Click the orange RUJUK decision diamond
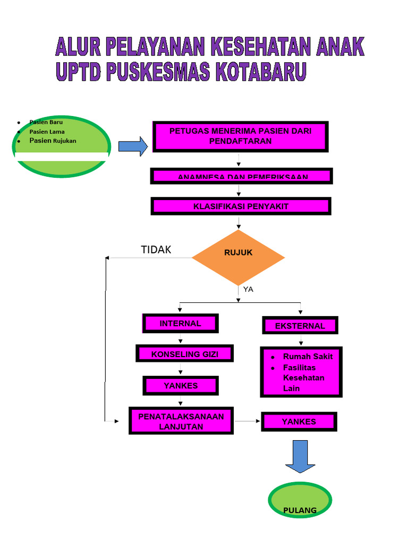238,258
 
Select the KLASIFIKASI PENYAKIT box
241,207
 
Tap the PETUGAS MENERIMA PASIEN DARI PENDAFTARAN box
241,136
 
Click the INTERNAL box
181,323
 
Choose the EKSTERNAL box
300,325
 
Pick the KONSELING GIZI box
185,354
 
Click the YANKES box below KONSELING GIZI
181,386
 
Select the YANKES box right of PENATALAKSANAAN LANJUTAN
299,422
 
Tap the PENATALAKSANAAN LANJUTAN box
181,421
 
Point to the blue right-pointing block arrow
132,146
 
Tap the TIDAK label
156,250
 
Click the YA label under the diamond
248,290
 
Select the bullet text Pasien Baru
46,122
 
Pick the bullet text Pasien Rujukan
53,141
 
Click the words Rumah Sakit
308,357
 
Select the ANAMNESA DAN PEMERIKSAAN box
242,176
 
